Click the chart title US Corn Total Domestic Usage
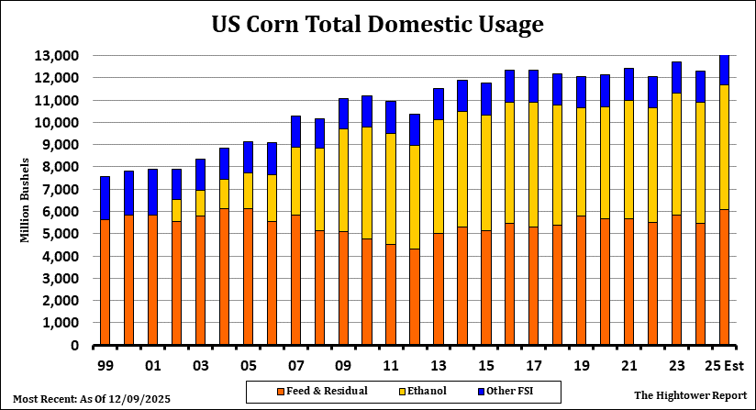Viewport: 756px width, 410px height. coord(377,24)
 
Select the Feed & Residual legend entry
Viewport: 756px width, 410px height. coord(322,392)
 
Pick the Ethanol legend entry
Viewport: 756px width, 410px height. coord(432,392)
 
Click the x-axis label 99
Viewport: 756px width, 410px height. coord(106,364)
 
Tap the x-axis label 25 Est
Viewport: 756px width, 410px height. coord(724,364)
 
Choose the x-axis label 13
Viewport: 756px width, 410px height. coord(439,364)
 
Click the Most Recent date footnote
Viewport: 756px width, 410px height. coord(92,399)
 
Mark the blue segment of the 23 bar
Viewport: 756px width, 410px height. coord(677,78)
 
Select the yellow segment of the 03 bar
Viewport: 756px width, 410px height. coord(201,203)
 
